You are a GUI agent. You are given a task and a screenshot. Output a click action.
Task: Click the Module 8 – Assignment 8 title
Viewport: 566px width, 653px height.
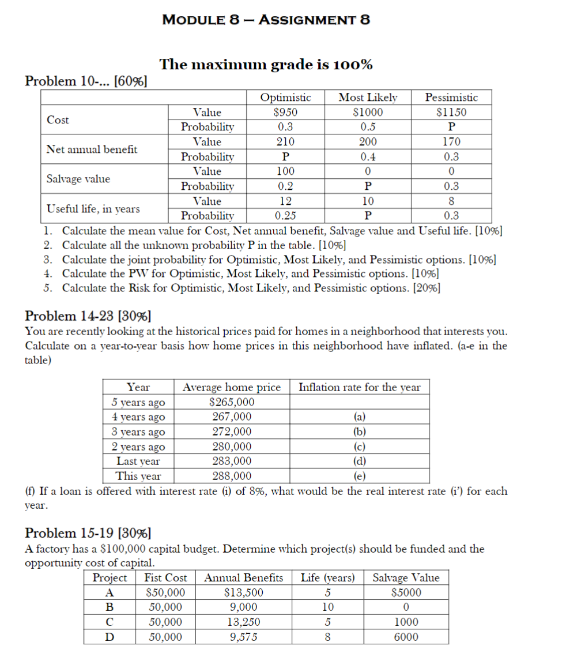coord(266,20)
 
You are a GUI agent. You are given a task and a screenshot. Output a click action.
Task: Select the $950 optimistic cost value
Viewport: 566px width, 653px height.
coord(285,112)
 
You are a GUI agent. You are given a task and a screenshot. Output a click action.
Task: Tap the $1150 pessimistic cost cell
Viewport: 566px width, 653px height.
coord(451,112)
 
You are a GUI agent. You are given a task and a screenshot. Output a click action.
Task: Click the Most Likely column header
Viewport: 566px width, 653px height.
coord(368,97)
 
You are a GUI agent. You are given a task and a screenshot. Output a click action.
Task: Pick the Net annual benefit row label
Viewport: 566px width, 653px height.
coord(92,149)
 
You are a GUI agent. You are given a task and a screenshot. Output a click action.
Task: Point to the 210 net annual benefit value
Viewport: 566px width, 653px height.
coord(285,141)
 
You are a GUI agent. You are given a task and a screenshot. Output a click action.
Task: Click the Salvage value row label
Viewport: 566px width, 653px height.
coord(78,179)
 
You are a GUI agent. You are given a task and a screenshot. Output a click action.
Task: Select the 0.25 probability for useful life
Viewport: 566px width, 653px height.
coord(285,216)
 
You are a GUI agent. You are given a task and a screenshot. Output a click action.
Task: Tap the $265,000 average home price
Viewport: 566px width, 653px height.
coord(232,402)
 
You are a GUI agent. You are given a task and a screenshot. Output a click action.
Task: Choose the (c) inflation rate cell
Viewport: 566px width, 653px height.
coord(359,446)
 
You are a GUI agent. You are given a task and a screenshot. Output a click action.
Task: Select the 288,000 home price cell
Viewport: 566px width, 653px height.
coord(232,476)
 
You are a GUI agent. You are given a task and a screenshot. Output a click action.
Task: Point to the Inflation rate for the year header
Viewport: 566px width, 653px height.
coord(359,387)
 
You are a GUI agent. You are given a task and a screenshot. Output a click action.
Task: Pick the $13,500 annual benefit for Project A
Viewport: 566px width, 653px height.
coord(244,592)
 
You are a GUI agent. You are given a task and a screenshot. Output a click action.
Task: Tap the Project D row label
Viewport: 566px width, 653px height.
coord(110,637)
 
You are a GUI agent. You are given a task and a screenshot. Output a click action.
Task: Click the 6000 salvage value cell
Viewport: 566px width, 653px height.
coord(406,637)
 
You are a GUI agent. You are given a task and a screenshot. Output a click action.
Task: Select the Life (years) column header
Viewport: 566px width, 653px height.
coord(327,577)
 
